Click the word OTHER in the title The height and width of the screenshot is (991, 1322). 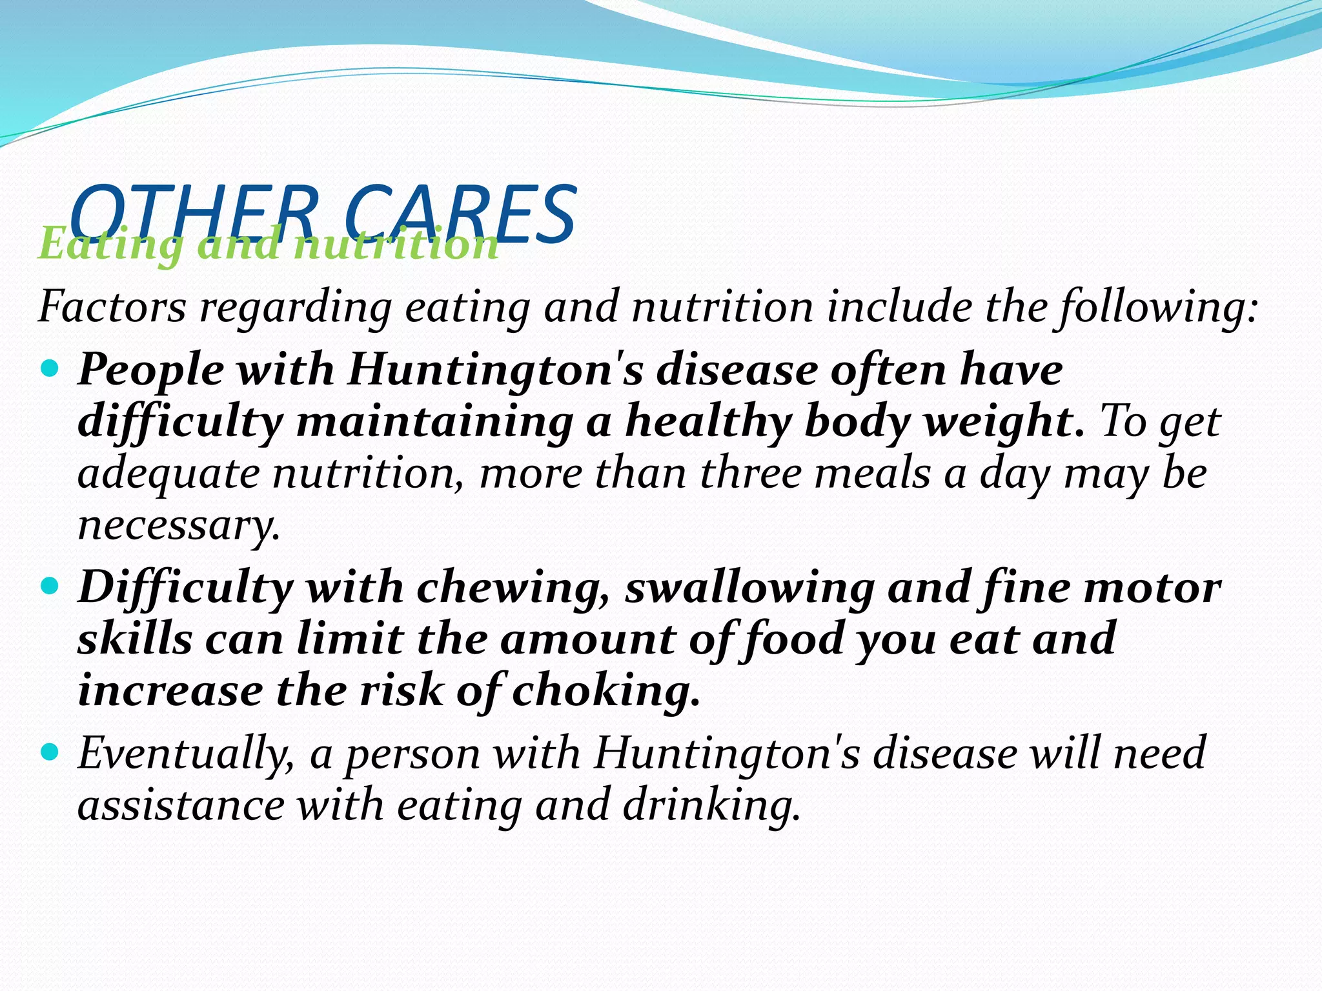coord(194,213)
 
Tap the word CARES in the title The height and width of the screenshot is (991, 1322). coord(460,213)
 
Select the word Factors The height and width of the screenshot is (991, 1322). coord(112,307)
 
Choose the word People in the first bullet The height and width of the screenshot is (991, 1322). coord(151,370)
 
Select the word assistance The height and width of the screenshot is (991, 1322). coord(181,805)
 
